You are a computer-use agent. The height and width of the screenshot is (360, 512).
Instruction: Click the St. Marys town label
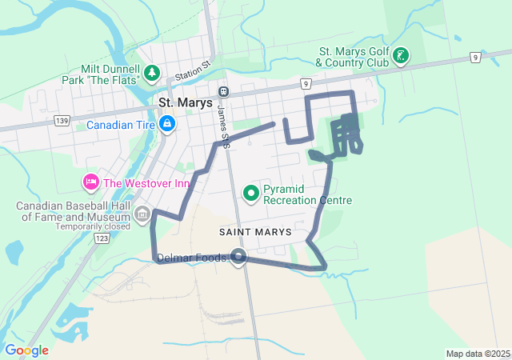pos(185,102)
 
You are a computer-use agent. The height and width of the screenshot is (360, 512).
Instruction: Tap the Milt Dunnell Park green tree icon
pos(151,74)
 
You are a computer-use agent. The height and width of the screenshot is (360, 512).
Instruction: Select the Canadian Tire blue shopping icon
pos(167,125)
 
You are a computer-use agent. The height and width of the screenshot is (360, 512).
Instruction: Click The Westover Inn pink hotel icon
pos(90,183)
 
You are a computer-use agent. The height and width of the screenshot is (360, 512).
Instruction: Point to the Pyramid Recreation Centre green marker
pos(250,193)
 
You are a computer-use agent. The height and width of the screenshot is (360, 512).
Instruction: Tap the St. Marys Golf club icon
pos(401,56)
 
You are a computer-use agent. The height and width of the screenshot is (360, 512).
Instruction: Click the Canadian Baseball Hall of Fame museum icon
pos(142,214)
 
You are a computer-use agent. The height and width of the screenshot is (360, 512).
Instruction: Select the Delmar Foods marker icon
pos(238,256)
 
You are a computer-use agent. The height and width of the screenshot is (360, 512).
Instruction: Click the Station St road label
pos(193,69)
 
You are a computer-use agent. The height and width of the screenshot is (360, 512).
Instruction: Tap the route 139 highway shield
pos(62,119)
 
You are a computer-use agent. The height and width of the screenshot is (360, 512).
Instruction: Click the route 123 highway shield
pos(101,238)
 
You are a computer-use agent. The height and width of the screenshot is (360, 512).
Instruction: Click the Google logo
pos(26,350)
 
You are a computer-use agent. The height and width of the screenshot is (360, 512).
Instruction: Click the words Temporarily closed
pos(93,226)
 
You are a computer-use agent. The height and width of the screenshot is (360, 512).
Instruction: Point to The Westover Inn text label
pos(146,183)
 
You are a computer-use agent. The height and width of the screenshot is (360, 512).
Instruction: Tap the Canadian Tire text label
pos(121,125)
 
